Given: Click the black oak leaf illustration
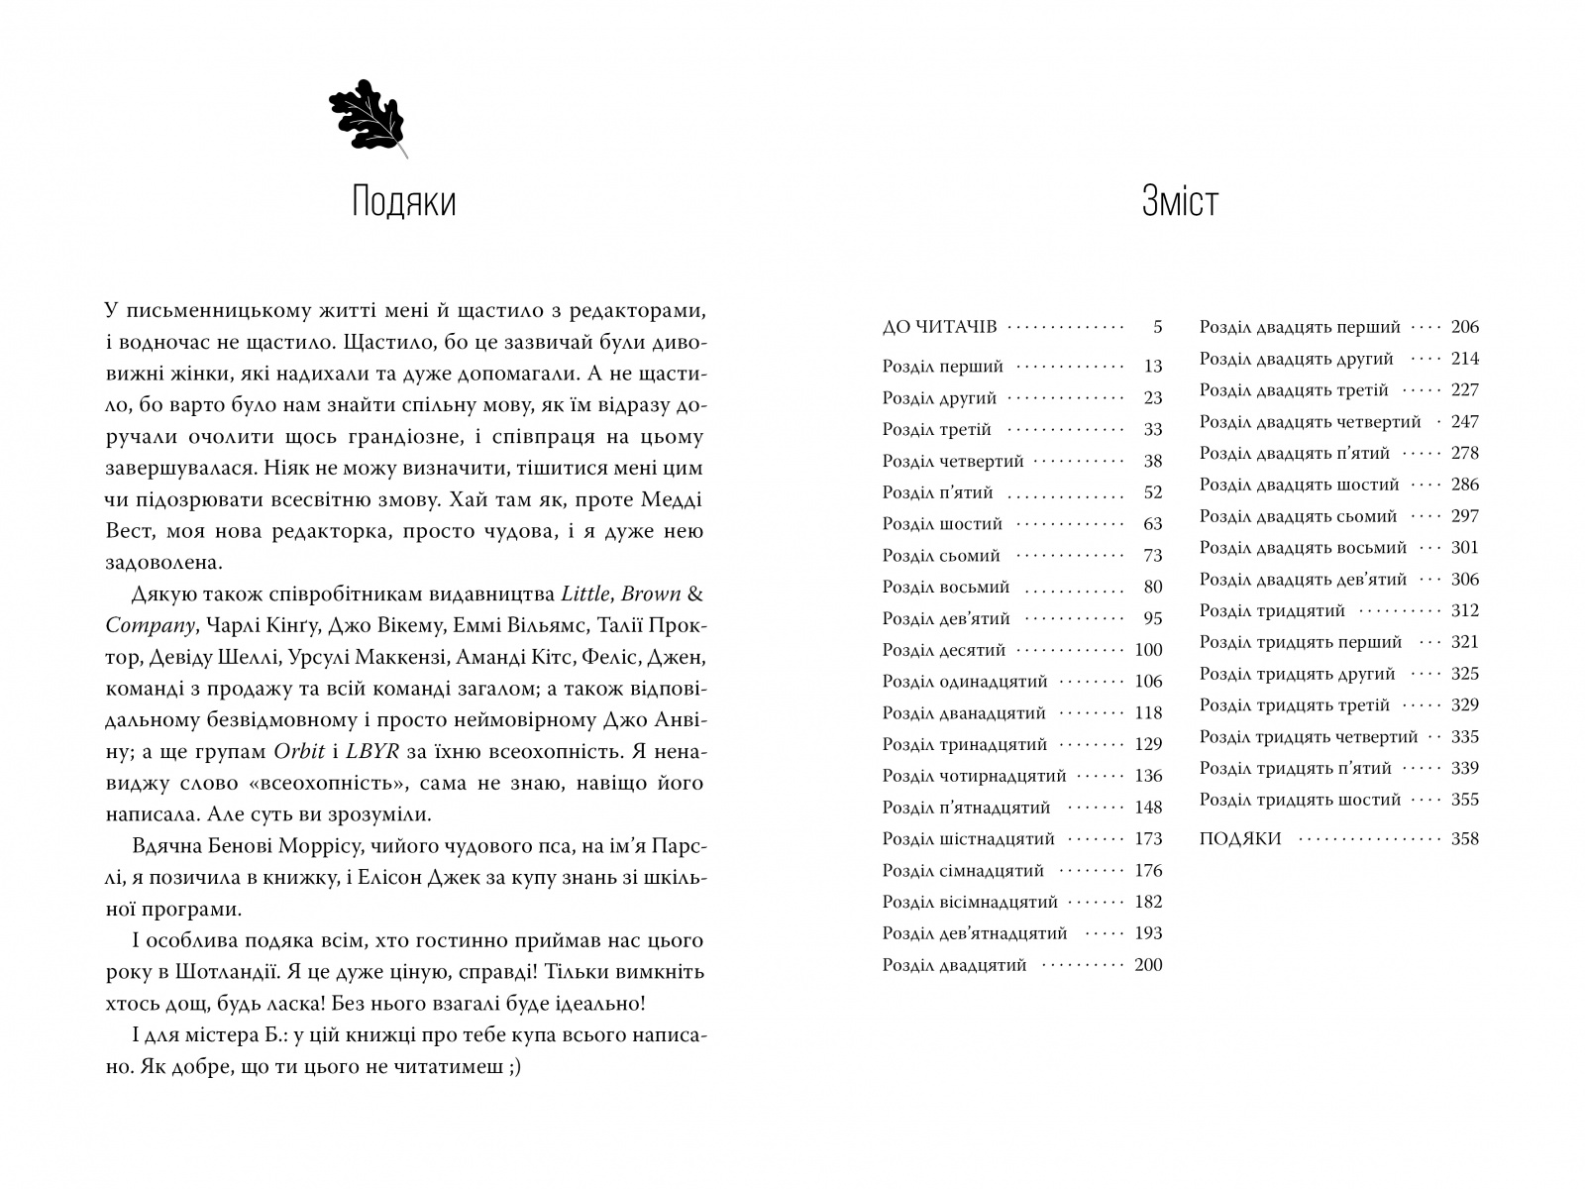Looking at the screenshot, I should (x=368, y=117).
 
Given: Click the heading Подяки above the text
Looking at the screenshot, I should (x=403, y=202).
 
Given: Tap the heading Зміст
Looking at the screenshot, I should (x=1179, y=202).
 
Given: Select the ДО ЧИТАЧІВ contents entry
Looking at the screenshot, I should (x=939, y=326).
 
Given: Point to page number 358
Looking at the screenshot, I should (x=1463, y=839).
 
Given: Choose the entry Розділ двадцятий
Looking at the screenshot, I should (x=954, y=965).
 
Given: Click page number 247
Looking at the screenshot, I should (x=1463, y=422).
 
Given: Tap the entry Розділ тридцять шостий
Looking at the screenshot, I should (x=1300, y=800).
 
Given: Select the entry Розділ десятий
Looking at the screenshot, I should (x=943, y=650).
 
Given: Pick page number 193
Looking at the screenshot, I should (x=1147, y=933).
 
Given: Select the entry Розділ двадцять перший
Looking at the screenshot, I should (x=1300, y=327).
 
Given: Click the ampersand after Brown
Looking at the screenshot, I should (x=695, y=594).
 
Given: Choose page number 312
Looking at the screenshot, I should (x=1463, y=610).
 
